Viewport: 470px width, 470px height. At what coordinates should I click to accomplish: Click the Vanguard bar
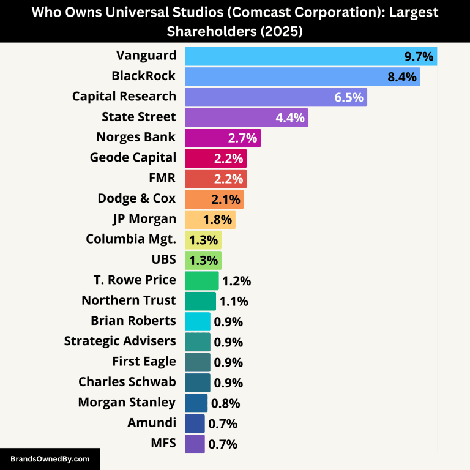tap(310, 56)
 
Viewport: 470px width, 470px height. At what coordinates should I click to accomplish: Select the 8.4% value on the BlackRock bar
tap(402, 76)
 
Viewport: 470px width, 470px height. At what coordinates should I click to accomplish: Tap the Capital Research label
tap(124, 97)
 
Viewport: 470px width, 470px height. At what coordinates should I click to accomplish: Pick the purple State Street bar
tap(246, 117)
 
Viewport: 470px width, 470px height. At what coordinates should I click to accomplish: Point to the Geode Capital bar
tap(215, 158)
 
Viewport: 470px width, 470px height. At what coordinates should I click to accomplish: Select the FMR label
tap(163, 178)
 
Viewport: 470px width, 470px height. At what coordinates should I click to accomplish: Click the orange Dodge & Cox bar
tap(214, 199)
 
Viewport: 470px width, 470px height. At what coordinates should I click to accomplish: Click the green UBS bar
tap(203, 260)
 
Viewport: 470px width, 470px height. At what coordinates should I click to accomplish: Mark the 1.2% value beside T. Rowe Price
tap(236, 281)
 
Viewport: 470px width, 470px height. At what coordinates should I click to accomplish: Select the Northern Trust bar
tap(200, 301)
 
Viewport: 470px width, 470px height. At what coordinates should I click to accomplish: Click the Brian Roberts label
tap(133, 321)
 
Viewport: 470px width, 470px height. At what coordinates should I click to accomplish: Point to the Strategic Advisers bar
tap(197, 341)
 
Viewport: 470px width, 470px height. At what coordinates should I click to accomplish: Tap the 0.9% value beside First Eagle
tap(228, 362)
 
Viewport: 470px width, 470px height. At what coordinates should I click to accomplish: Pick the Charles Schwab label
tap(127, 382)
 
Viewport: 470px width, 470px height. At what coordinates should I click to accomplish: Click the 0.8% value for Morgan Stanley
tap(225, 403)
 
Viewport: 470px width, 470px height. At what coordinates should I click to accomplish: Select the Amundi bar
tap(195, 423)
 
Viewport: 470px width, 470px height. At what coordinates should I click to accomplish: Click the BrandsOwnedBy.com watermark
tap(50, 458)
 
